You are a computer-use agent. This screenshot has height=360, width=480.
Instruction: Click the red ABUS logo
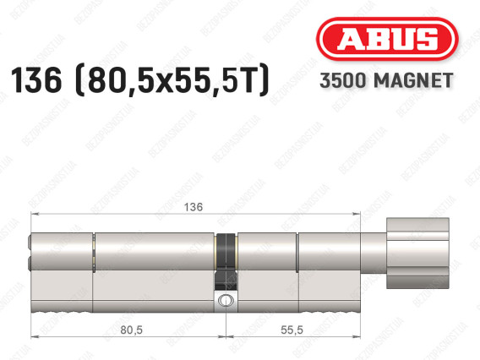pos(387,39)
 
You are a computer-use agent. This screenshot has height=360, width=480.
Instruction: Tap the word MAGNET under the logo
pos(413,80)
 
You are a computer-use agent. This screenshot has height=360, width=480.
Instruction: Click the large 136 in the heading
pos(36,80)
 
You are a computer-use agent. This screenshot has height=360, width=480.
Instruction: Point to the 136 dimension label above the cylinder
pos(194,207)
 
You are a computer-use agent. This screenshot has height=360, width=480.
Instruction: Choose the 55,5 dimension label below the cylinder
pos(292,330)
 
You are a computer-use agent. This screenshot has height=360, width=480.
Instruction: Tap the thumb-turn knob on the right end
pos(417,254)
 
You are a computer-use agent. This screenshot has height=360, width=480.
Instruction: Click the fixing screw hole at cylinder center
pos(226,300)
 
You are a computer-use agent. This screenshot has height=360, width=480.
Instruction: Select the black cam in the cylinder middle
pos(226,262)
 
